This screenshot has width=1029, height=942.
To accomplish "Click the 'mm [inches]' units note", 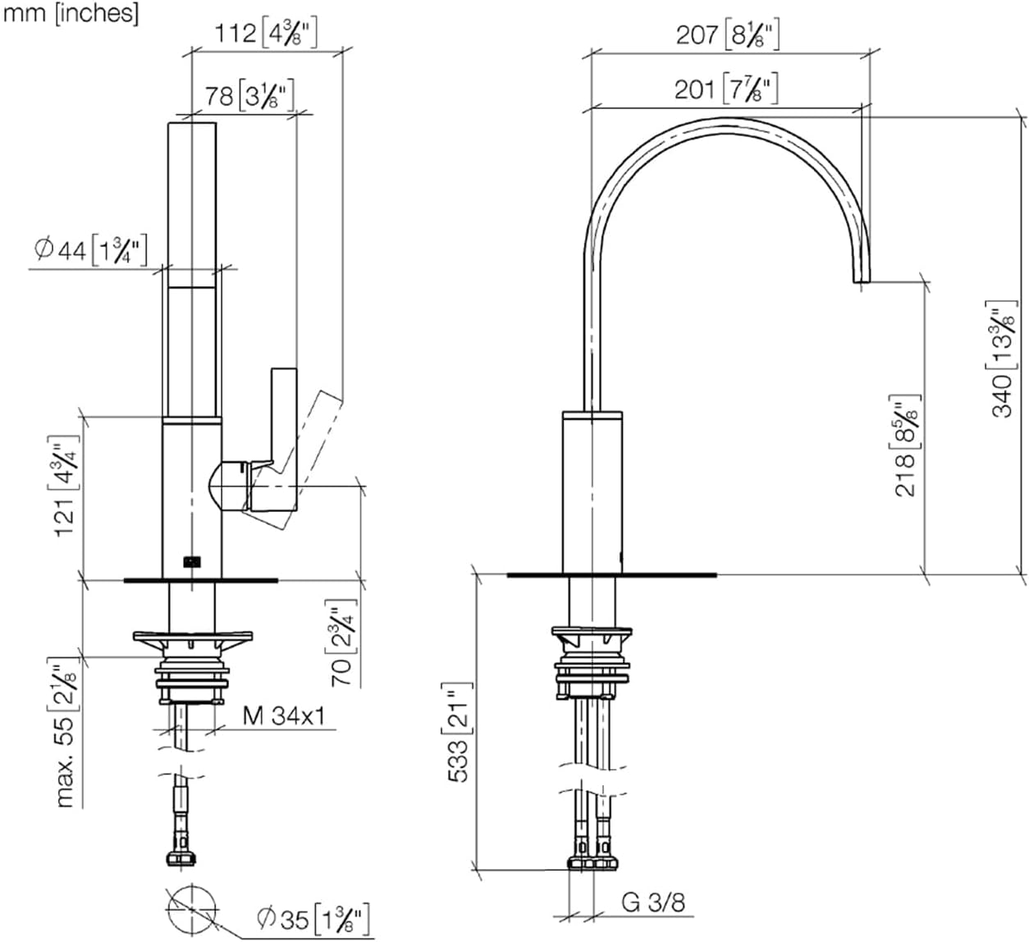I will pyautogui.click(x=71, y=13).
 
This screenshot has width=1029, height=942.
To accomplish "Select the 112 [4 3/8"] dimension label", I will pyautogui.click(x=265, y=34).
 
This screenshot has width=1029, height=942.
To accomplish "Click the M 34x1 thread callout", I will pyautogui.click(x=284, y=716).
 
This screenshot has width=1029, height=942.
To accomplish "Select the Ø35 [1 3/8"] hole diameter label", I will pyautogui.click(x=313, y=918).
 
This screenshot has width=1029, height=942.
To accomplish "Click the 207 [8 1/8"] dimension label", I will pyautogui.click(x=727, y=35).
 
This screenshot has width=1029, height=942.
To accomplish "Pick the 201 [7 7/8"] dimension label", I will pyautogui.click(x=726, y=89).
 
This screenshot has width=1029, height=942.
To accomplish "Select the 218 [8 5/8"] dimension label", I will pyautogui.click(x=905, y=446).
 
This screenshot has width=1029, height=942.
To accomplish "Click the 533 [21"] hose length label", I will pyautogui.click(x=460, y=733).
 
